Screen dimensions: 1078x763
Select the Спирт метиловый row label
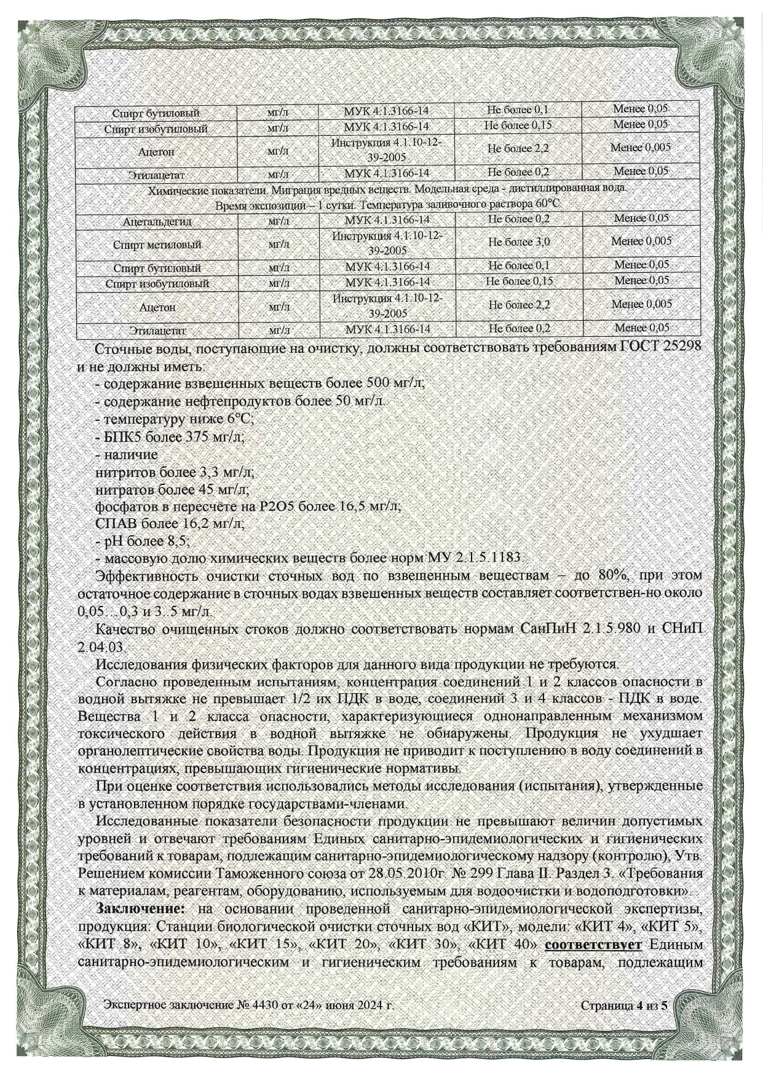click(157, 245)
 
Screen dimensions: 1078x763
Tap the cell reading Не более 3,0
click(519, 242)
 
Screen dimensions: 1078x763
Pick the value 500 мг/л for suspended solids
click(395, 383)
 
